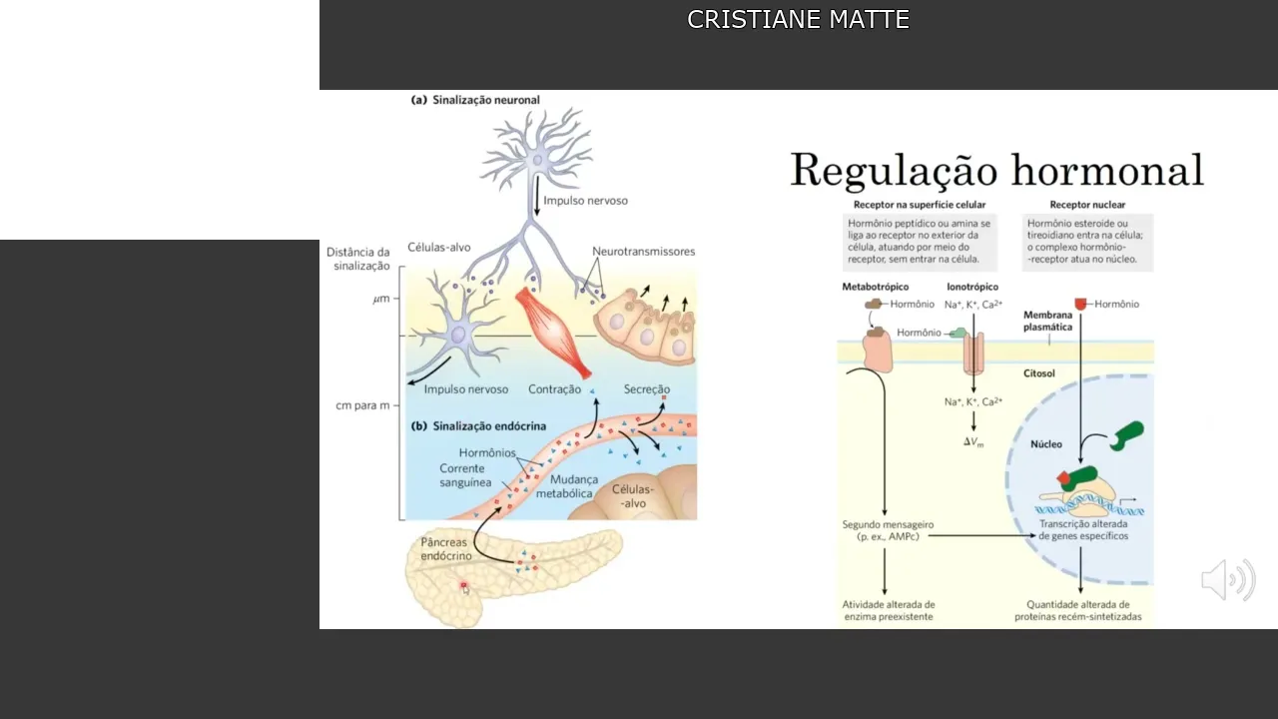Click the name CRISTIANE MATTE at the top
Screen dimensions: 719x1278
798,20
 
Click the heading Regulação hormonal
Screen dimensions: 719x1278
996,171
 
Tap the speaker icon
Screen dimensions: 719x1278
1227,580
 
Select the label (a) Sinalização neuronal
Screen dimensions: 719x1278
475,100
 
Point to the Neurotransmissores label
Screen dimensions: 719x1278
643,252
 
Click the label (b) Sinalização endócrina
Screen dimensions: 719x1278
478,426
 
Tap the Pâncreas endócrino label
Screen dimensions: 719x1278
445,549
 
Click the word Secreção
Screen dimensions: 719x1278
646,389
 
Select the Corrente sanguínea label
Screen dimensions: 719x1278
464,475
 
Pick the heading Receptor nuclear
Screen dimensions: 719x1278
1087,205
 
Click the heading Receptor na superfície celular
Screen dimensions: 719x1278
919,205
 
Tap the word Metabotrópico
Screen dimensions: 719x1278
875,287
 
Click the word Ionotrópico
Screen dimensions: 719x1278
971,287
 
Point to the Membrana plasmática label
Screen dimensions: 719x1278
1047,321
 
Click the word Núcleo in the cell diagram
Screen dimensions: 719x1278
1046,444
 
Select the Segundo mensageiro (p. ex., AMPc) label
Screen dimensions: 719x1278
887,530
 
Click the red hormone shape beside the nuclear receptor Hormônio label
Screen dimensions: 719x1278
1080,304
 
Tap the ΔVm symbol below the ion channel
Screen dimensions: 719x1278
973,441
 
